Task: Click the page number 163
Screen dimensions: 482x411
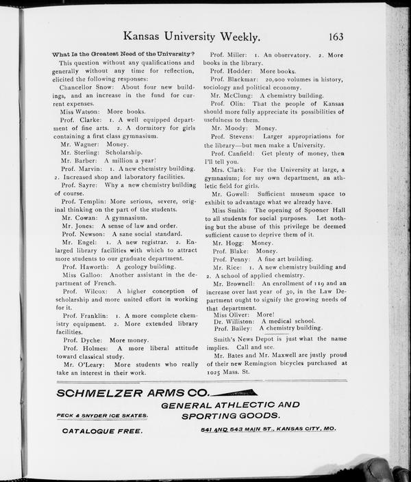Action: [x=336, y=36]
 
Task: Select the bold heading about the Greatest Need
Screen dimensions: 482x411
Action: [x=123, y=54]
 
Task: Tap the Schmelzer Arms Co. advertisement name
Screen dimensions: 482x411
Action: [x=133, y=393]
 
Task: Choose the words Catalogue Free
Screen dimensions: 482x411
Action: [x=103, y=431]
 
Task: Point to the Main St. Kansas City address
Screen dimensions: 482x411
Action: [x=268, y=429]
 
